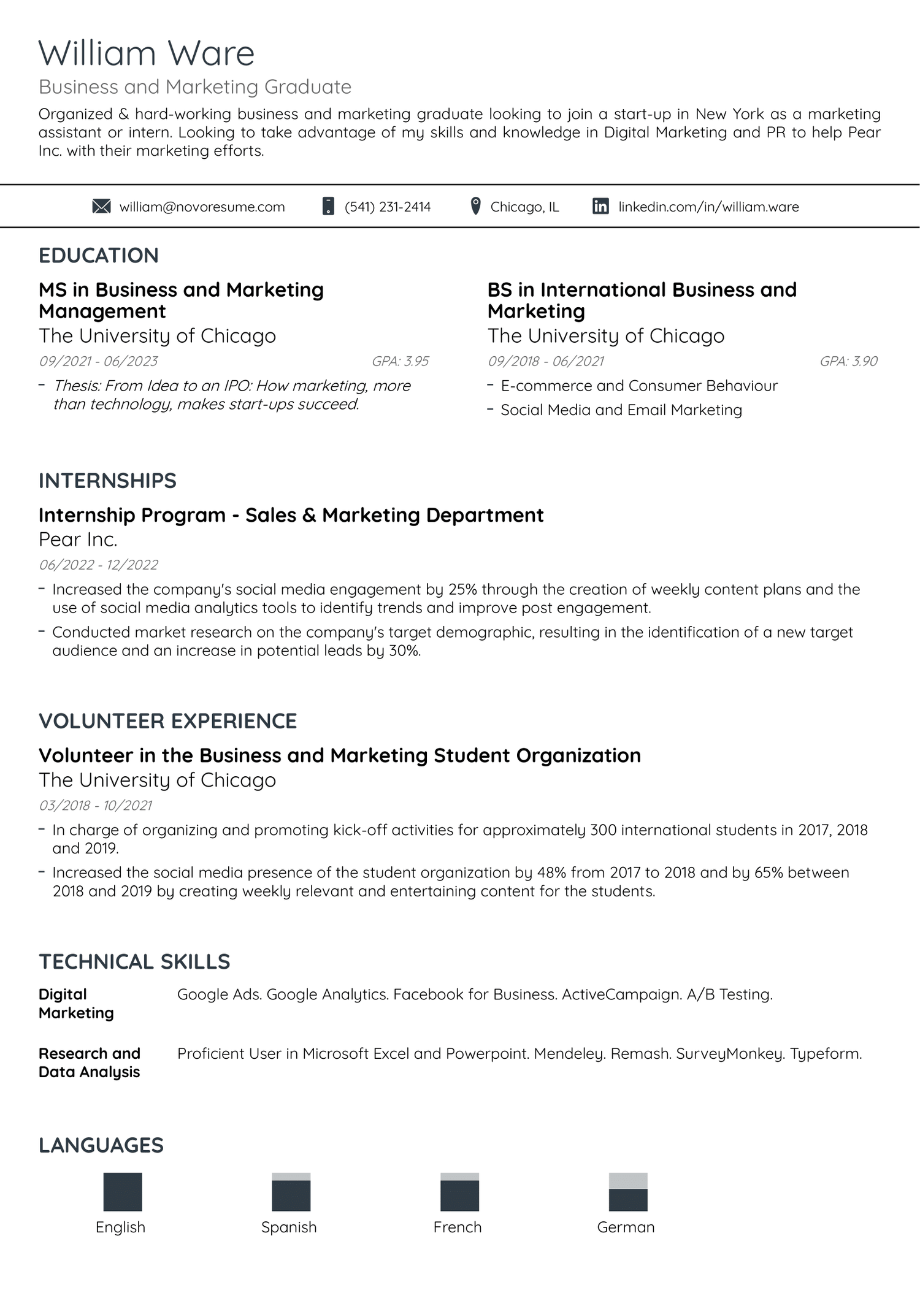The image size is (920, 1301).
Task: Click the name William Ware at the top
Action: pyautogui.click(x=146, y=53)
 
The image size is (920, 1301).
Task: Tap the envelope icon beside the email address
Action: pyautogui.click(x=101, y=207)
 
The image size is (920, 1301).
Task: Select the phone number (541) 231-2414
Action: pyautogui.click(x=387, y=207)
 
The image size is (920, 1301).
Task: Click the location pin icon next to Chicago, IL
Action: pyautogui.click(x=475, y=206)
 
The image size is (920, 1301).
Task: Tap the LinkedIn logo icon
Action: pyautogui.click(x=600, y=207)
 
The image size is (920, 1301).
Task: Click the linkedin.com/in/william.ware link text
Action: pyautogui.click(x=708, y=207)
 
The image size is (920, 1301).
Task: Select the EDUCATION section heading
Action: pyautogui.click(x=98, y=256)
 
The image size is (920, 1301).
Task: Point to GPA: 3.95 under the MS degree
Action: pyautogui.click(x=400, y=361)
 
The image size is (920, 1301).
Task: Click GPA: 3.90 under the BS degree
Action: pyautogui.click(x=848, y=361)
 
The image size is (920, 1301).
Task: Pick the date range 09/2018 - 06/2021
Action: pyautogui.click(x=545, y=361)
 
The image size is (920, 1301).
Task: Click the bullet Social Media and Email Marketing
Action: pyautogui.click(x=621, y=410)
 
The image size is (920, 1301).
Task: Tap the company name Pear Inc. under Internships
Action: pyautogui.click(x=78, y=540)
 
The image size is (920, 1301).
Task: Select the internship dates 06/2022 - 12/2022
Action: pyautogui.click(x=98, y=565)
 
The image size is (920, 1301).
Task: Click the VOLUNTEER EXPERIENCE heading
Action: pyautogui.click(x=167, y=721)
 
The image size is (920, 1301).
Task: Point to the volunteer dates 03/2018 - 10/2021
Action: pyautogui.click(x=95, y=805)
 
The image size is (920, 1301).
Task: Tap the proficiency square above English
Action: pyautogui.click(x=123, y=1192)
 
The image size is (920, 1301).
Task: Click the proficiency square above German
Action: pyautogui.click(x=628, y=1192)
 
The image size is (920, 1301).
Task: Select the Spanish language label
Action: pyautogui.click(x=289, y=1227)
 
